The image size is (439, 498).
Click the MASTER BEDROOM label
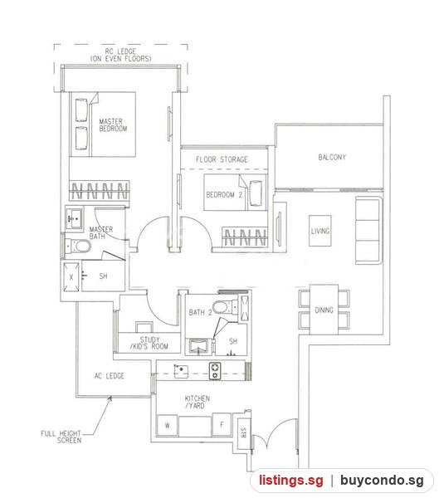(113, 124)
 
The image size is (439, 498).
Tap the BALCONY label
(332, 157)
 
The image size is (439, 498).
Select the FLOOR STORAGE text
(222, 159)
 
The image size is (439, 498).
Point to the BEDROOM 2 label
(224, 194)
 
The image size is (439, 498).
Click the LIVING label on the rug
(319, 231)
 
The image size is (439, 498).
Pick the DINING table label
(324, 310)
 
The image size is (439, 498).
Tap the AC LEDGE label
(110, 376)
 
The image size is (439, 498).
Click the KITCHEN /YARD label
(197, 402)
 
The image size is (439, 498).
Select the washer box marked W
(168, 425)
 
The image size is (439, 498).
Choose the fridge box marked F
(222, 424)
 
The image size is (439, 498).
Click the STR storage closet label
(244, 432)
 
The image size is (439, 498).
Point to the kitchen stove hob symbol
(215, 371)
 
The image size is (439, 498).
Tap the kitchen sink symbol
(181, 371)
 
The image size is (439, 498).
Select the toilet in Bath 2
(225, 307)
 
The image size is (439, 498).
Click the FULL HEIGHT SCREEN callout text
(61, 437)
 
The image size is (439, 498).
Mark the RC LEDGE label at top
(120, 55)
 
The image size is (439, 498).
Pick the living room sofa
(368, 230)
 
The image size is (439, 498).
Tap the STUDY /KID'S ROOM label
(149, 343)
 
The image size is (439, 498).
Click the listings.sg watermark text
(290, 480)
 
